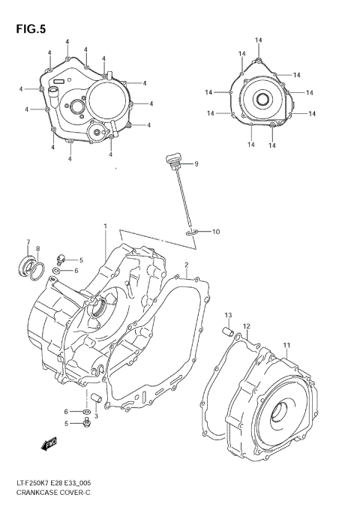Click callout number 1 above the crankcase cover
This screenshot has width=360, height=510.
(106, 226)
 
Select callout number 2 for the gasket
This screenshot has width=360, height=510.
(186, 265)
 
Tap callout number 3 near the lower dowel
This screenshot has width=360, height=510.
(96, 416)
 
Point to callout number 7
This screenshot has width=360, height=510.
(28, 242)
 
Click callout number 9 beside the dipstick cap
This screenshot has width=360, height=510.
(196, 163)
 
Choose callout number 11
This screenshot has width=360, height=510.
(286, 345)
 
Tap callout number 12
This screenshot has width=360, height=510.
(246, 326)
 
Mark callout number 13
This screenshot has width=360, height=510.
(228, 314)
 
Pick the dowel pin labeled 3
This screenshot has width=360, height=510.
(94, 397)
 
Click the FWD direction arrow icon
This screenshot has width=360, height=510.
(51, 444)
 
